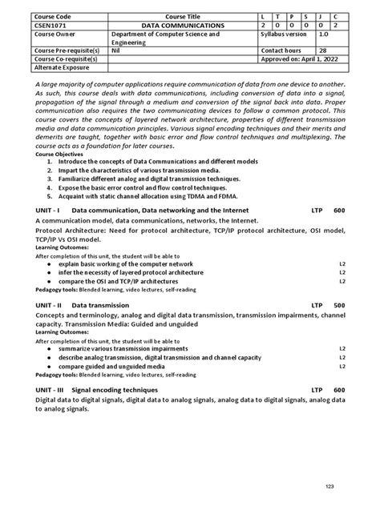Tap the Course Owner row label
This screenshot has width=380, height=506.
click(x=57, y=35)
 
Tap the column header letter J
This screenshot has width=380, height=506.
click(x=321, y=16)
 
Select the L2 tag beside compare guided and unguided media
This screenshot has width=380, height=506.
click(x=342, y=366)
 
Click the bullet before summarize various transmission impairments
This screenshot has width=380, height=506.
click(x=50, y=348)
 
